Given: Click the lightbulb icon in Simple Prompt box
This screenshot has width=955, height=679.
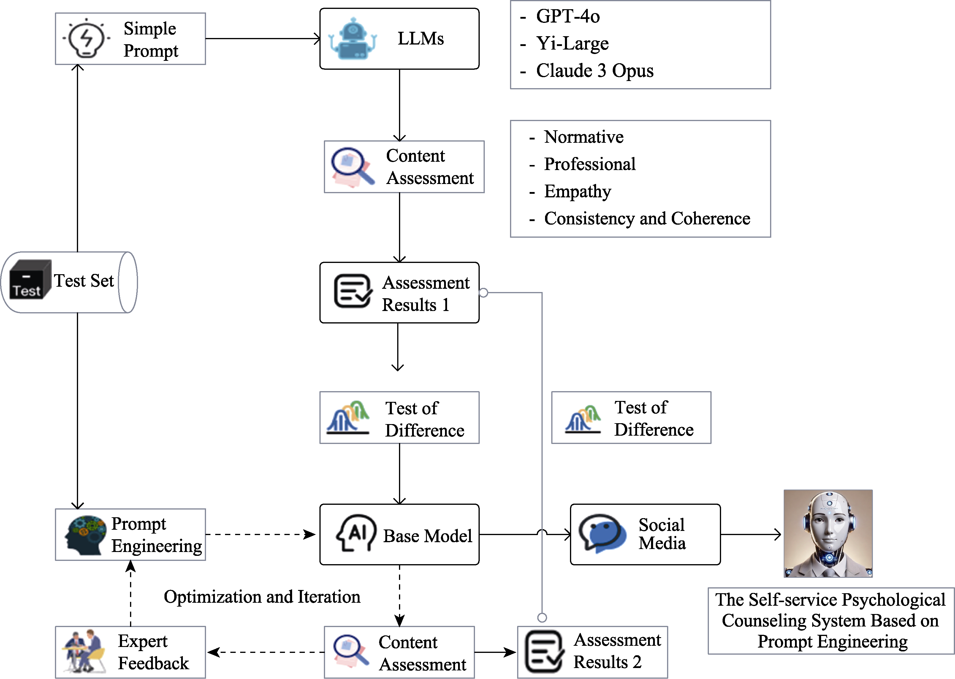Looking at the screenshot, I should point(86,39).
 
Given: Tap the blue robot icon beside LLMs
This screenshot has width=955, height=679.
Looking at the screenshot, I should point(352,39).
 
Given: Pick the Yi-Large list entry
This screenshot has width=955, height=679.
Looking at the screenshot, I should point(572,44).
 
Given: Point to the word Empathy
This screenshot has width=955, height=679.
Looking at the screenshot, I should point(577,191).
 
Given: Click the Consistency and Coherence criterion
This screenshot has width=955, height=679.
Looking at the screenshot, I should point(647,219).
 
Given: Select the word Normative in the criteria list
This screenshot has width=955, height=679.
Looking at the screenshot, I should point(583,137).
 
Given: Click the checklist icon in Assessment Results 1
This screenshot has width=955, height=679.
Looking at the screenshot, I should point(352,291).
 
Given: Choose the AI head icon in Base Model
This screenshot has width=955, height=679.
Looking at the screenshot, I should point(355,533).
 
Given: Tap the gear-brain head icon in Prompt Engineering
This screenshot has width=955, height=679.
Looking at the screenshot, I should point(85,535).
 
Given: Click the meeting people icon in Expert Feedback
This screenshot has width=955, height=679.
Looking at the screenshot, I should point(84,651).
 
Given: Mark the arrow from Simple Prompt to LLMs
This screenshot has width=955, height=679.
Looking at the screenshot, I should point(263,39).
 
